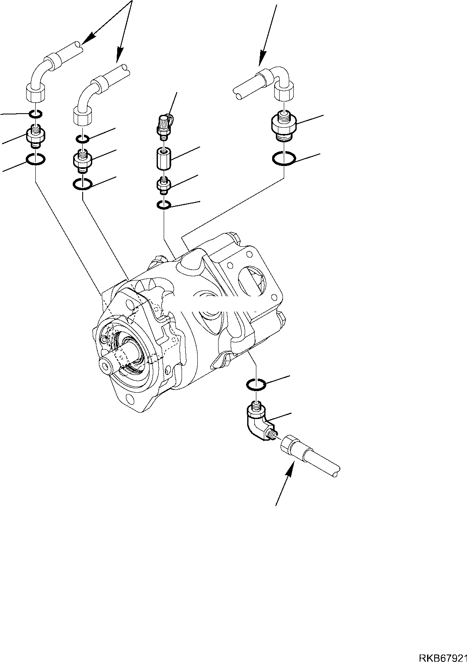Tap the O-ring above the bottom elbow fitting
coord(256,384)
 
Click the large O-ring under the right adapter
coord(284,159)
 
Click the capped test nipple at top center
coord(165,124)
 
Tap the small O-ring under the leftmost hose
coord(35,113)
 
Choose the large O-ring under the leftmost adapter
coord(36,159)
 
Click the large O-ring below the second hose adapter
coord(83,184)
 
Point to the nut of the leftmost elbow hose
coord(35,92)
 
